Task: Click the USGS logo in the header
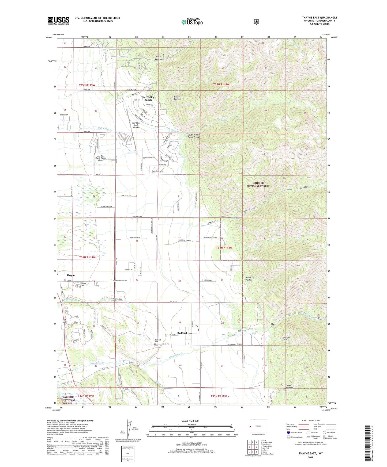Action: pyautogui.click(x=58, y=21)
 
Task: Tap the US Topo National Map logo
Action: pyautogui.click(x=191, y=22)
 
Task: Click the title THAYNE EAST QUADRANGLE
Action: pyautogui.click(x=320, y=18)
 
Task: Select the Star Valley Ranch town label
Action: pyautogui.click(x=148, y=98)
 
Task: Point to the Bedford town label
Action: pyautogui.click(x=182, y=333)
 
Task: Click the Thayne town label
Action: pyautogui.click(x=71, y=275)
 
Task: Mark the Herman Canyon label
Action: pyautogui.click(x=286, y=338)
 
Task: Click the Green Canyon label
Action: pyautogui.click(x=177, y=98)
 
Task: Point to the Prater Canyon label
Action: pyautogui.click(x=159, y=58)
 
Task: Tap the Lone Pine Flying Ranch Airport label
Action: pyautogui.click(x=101, y=158)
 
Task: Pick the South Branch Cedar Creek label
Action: pyautogui.click(x=193, y=136)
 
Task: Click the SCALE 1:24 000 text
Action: pyautogui.click(x=190, y=421)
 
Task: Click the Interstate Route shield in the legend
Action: pyautogui.click(x=288, y=432)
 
